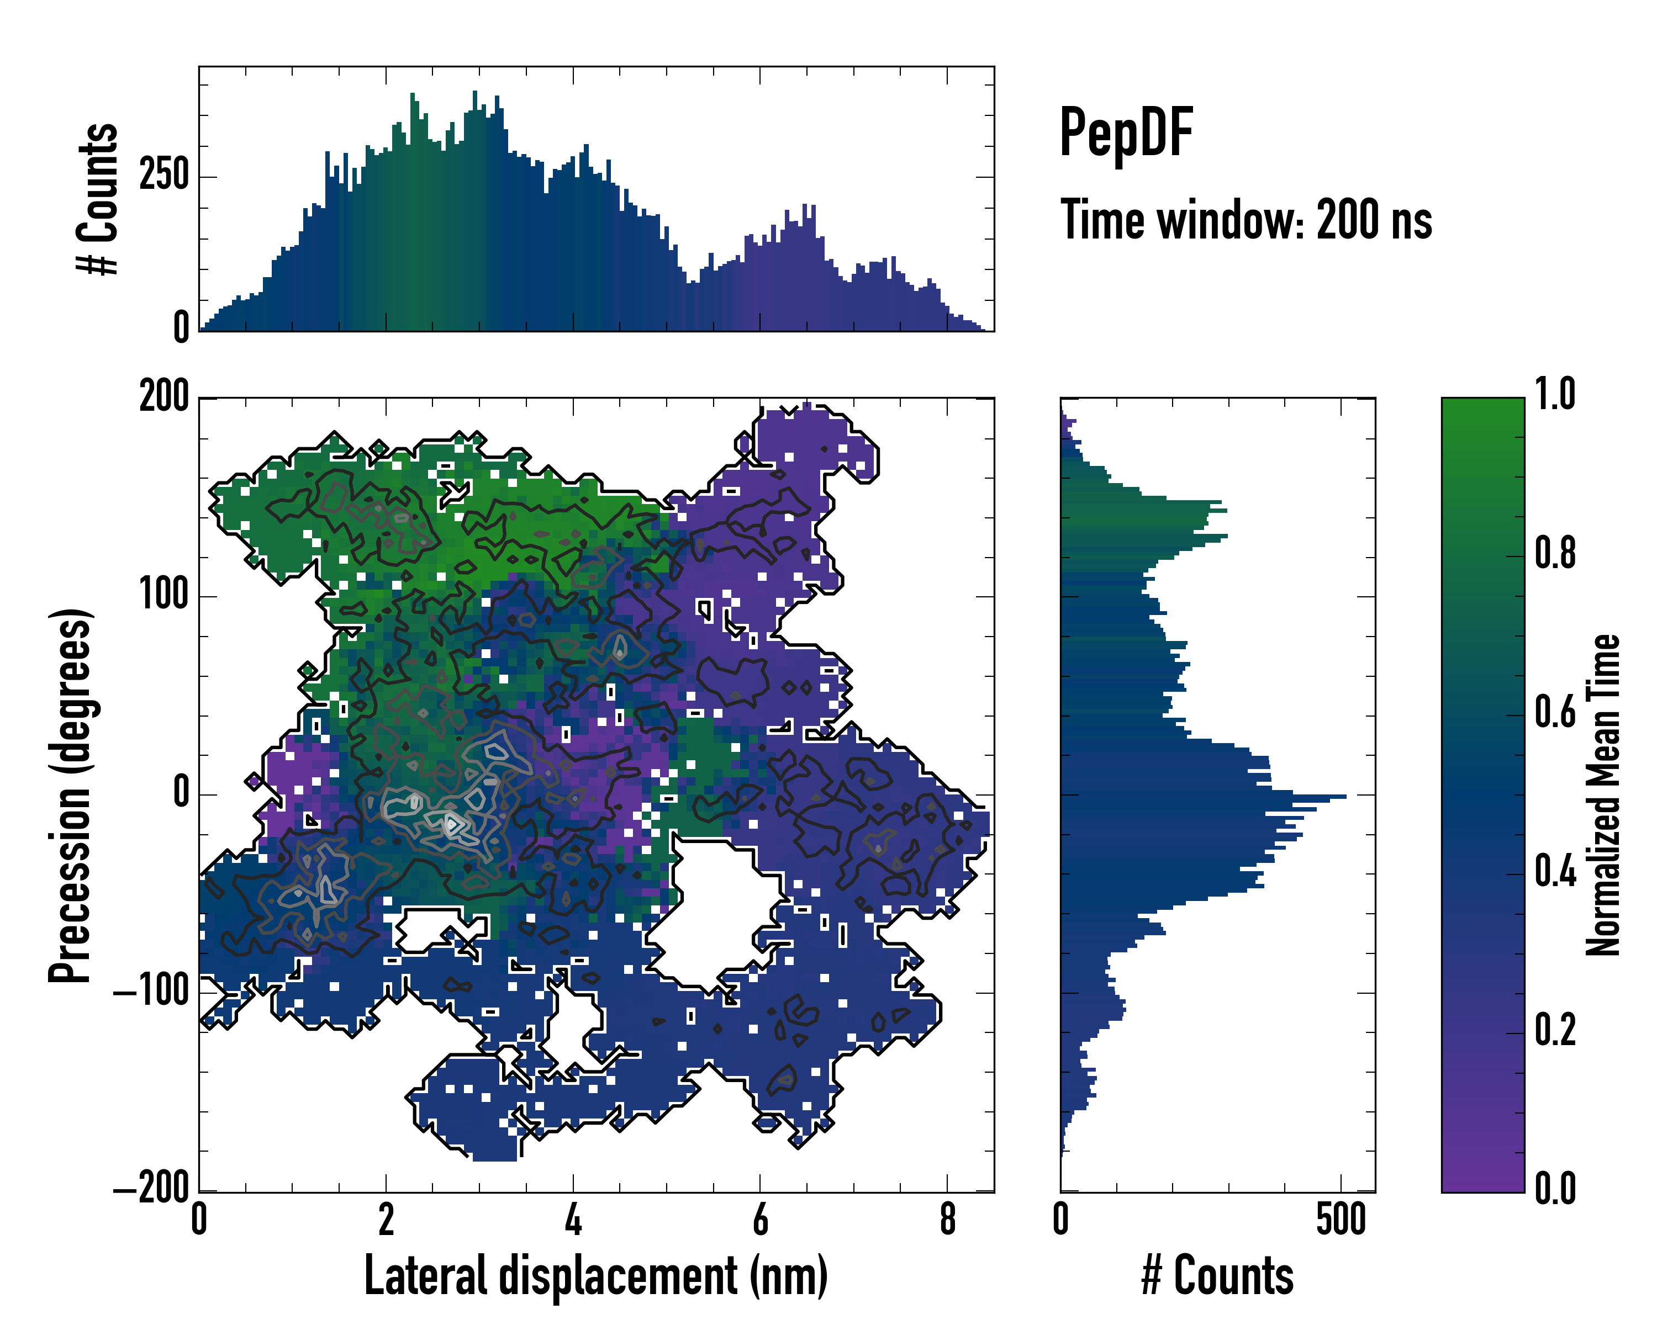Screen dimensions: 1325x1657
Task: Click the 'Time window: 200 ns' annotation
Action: [x=1246, y=220]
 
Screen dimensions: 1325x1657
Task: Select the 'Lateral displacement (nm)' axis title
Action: [x=595, y=1276]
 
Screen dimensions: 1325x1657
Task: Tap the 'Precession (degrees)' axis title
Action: [x=71, y=795]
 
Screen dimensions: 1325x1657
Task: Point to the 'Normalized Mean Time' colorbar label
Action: [x=1603, y=795]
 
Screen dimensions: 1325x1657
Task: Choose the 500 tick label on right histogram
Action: [x=1341, y=1220]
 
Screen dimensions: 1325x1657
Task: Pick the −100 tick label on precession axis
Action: [x=151, y=993]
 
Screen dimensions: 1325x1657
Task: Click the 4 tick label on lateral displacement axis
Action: [x=573, y=1220]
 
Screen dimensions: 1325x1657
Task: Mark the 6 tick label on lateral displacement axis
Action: [x=760, y=1220]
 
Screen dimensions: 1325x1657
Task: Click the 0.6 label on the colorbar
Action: [x=1555, y=712]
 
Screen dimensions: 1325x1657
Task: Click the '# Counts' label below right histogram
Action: [x=1217, y=1276]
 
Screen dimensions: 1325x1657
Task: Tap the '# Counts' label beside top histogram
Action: [x=98, y=198]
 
